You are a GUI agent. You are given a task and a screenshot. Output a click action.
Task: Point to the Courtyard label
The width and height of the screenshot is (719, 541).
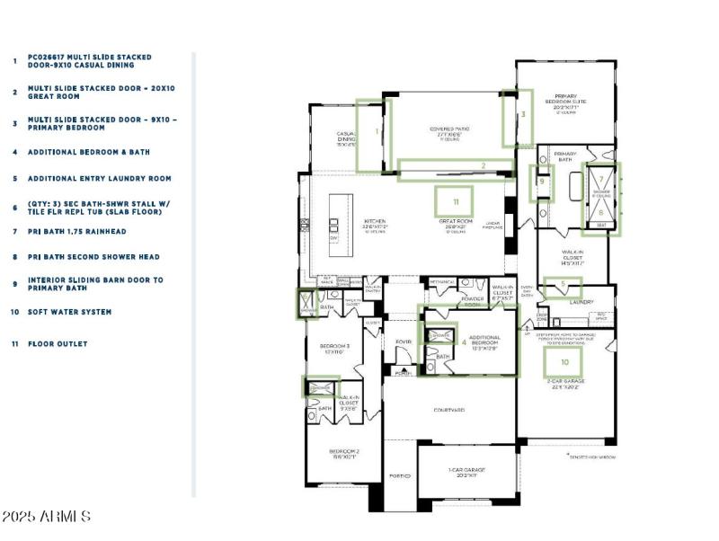[x=448, y=410]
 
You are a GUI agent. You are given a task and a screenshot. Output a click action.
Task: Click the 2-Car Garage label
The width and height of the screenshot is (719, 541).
[x=567, y=384]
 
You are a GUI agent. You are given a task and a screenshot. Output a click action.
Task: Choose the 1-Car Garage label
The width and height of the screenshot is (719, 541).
[x=466, y=471]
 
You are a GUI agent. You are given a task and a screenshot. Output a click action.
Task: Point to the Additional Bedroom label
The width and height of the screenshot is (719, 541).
[x=484, y=341]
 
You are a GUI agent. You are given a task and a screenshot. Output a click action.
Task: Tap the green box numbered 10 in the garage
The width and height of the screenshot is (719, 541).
[x=565, y=362]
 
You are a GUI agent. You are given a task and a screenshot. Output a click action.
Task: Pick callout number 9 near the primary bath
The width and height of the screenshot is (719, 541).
[x=542, y=182]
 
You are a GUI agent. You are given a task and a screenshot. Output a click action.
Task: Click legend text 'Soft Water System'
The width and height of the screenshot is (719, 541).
[x=70, y=312]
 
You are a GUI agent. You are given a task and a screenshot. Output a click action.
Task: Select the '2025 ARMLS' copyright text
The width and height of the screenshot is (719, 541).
[x=46, y=517]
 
